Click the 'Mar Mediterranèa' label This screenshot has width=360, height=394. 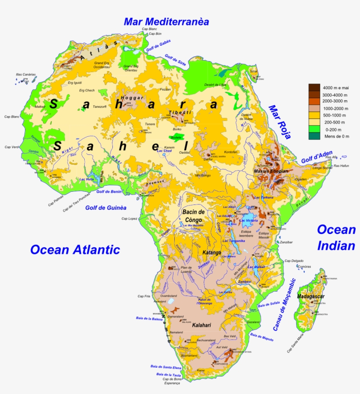coord(166,22)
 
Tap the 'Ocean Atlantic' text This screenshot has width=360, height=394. coord(75,250)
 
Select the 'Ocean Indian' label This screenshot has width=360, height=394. coord(336,237)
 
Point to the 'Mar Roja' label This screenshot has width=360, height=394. coord(280,122)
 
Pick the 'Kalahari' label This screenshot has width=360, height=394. coord(202,325)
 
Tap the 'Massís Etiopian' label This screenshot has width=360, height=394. coord(271,171)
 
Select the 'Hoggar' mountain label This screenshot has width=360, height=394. coord(132,98)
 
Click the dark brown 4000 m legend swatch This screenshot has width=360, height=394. coord(314,87)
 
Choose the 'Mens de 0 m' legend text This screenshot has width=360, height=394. coord(337,136)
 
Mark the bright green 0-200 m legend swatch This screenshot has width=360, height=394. coord(314,129)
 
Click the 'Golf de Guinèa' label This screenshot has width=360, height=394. coord(106,208)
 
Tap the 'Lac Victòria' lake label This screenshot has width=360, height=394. coord(248,220)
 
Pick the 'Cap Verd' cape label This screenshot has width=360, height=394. coord(11,147)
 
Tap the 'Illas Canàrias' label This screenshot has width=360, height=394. coord(25,74)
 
